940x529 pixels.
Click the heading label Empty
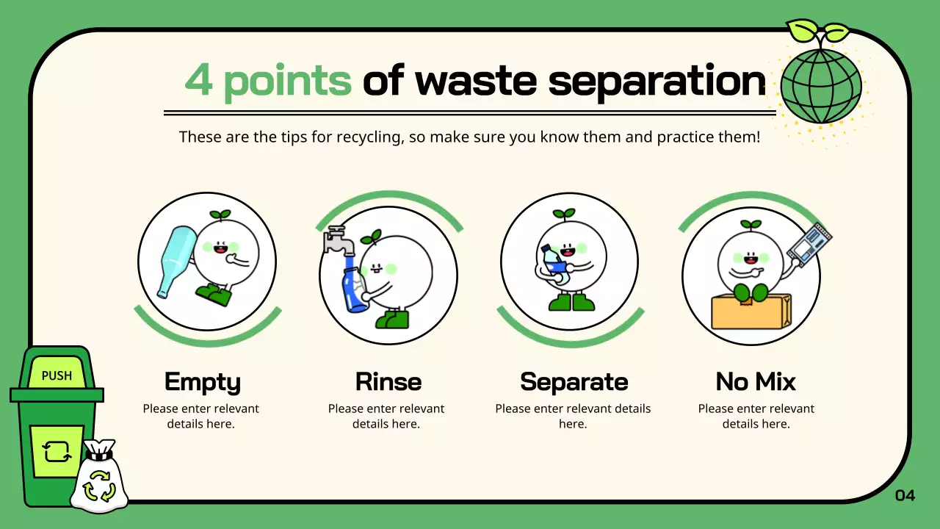click(202, 382)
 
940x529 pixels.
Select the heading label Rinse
click(388, 382)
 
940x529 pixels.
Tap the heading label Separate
click(574, 382)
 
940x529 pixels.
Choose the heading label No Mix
click(756, 382)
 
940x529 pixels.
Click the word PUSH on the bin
click(57, 375)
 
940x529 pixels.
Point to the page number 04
click(905, 495)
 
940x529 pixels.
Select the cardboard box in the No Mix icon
click(751, 312)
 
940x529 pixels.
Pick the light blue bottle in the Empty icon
click(176, 261)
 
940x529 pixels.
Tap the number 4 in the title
click(199, 80)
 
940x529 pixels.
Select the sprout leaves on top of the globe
click(818, 32)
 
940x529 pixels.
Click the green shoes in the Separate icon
click(572, 302)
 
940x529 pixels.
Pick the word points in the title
click(287, 81)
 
